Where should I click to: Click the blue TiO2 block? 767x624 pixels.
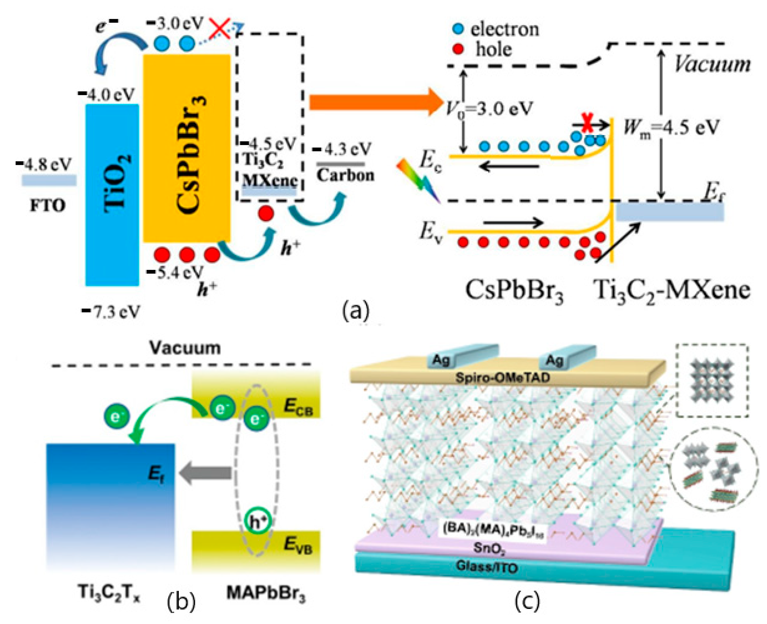point(112,194)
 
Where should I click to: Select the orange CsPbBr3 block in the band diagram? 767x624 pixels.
point(186,148)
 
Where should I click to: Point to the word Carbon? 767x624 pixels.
point(345,175)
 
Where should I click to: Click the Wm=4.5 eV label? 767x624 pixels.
point(671,128)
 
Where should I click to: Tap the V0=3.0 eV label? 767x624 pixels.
point(489,108)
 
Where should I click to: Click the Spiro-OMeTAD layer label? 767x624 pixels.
point(503,377)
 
